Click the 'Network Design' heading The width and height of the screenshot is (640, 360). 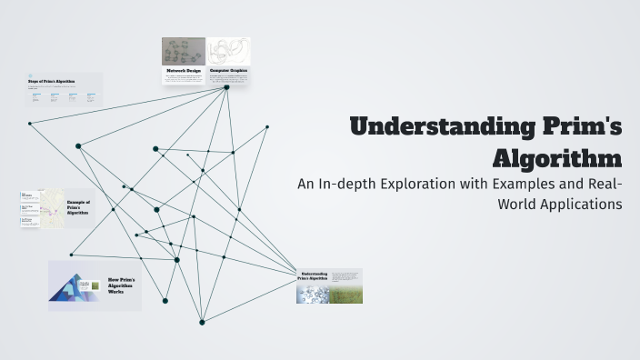coord(183,70)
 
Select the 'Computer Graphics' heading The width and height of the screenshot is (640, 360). coord(228,70)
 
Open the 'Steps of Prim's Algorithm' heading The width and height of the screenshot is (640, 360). coord(54,82)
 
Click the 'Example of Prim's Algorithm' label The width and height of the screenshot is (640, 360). coord(79,207)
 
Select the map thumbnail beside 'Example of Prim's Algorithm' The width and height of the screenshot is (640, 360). coord(52,208)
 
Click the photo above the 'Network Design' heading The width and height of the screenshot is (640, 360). coord(184,51)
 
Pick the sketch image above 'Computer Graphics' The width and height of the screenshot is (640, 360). coord(228,51)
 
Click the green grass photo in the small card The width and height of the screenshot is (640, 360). coord(345,294)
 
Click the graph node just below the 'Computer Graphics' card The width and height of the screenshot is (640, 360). coord(226,87)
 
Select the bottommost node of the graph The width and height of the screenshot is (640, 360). coord(202,322)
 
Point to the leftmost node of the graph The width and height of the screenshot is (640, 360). coord(30,123)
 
